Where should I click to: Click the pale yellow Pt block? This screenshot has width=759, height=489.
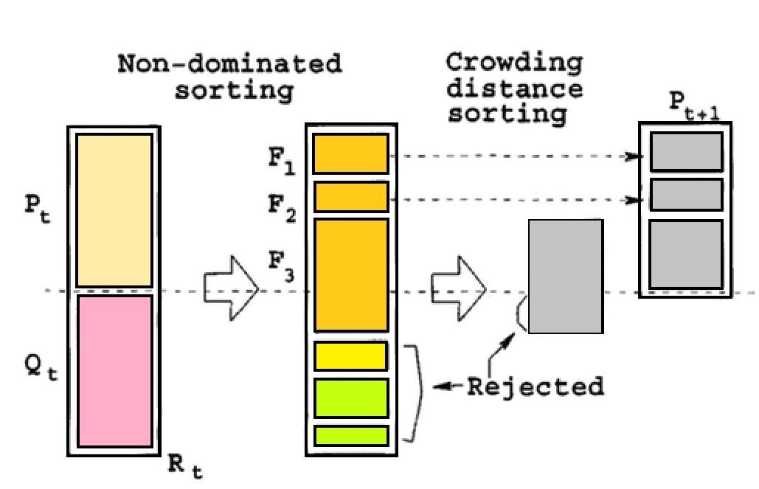click(x=114, y=209)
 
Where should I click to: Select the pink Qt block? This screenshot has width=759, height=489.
click(x=114, y=370)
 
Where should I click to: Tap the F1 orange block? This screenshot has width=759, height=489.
click(x=350, y=154)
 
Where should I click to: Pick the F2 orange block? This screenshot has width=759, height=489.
click(x=351, y=197)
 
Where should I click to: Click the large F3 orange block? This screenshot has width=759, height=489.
click(x=351, y=274)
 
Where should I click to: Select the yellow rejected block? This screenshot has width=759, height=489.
click(x=351, y=356)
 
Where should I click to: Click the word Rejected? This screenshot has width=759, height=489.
click(x=536, y=386)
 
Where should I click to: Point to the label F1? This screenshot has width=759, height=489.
click(x=282, y=160)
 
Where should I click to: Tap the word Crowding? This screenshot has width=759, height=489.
click(x=514, y=63)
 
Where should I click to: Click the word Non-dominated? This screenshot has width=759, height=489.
click(x=230, y=64)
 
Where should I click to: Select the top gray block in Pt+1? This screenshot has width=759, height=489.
click(x=685, y=152)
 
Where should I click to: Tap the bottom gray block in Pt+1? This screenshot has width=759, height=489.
click(x=685, y=254)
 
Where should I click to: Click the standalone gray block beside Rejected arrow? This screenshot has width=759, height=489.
click(x=566, y=276)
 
